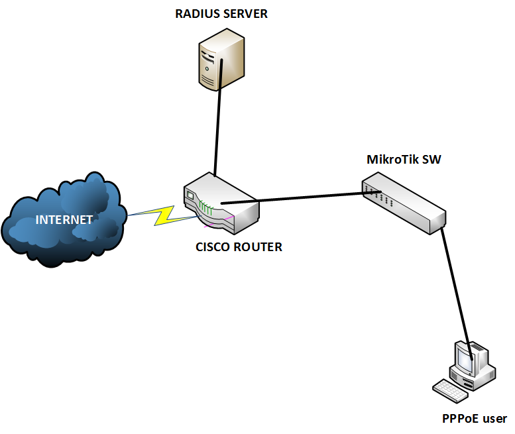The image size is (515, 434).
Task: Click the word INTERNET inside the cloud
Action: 64,220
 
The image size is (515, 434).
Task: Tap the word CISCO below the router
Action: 212,247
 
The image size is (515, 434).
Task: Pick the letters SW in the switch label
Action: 432,160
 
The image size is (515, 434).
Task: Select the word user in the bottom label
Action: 494,418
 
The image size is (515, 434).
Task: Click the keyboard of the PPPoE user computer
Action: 453,389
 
